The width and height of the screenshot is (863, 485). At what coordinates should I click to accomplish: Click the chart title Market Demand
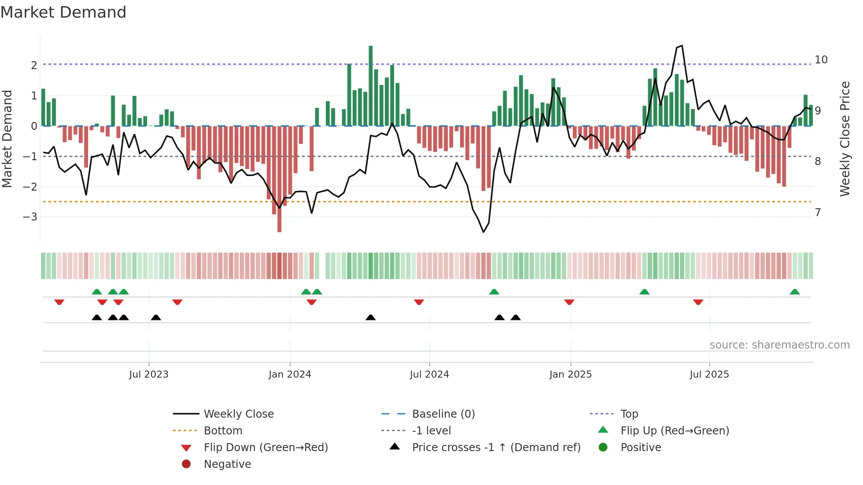63,12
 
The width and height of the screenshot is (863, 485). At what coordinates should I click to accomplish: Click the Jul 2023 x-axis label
149,374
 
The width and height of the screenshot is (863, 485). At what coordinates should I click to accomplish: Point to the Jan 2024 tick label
290,374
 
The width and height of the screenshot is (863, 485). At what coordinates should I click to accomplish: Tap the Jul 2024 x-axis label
429,374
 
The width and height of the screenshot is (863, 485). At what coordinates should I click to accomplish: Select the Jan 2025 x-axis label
571,374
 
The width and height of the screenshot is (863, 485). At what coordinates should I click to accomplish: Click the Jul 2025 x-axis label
709,374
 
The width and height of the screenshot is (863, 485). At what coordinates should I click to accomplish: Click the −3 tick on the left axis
30,217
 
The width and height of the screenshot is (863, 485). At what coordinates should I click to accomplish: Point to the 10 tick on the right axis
821,60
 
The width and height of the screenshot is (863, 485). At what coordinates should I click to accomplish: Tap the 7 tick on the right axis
818,213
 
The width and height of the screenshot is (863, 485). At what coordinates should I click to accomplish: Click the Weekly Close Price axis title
845,139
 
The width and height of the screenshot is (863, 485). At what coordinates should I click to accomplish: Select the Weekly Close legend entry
238,414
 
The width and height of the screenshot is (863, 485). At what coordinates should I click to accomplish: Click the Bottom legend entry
223,430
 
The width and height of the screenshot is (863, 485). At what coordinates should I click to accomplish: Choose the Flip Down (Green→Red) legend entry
266,447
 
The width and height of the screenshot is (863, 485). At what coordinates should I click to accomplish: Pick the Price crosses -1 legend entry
496,447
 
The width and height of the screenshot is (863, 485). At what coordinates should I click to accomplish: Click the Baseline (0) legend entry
443,414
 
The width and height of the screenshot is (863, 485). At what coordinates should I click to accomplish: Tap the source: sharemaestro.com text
779,345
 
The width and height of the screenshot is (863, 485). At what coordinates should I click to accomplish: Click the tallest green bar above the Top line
371,84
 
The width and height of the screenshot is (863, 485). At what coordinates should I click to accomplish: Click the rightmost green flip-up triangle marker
795,292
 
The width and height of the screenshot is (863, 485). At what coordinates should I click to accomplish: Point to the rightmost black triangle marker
516,317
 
